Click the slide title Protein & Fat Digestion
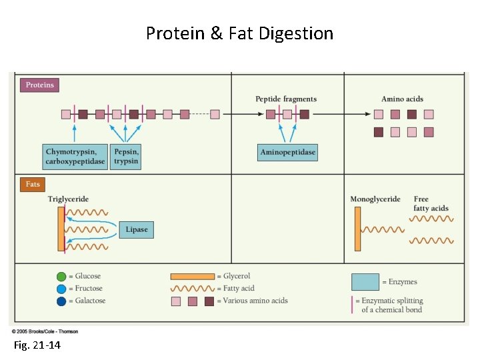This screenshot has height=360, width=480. (239, 33)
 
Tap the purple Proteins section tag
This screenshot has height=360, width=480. (40, 85)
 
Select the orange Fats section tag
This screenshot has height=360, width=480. (33, 184)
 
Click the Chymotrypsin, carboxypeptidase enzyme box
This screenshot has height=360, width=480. (75, 157)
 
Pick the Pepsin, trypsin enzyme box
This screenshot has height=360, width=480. (125, 157)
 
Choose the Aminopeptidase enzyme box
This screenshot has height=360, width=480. (287, 153)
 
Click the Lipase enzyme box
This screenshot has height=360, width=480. (137, 229)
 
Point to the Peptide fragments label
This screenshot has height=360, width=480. (286, 99)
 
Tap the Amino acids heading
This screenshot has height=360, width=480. (402, 99)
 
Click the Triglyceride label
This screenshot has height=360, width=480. (68, 199)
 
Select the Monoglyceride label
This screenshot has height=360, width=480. (375, 199)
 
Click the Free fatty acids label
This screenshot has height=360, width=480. (431, 204)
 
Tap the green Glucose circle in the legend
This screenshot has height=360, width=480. (61, 277)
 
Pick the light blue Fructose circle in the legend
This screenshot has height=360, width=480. (61, 289)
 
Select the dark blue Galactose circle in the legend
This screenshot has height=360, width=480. (61, 301)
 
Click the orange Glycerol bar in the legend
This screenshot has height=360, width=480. (193, 277)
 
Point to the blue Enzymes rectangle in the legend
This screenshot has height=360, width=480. (365, 282)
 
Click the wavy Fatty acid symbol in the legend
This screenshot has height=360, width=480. (193, 289)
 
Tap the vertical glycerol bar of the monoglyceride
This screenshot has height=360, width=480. (357, 229)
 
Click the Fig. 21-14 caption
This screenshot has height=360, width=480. (37, 345)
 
